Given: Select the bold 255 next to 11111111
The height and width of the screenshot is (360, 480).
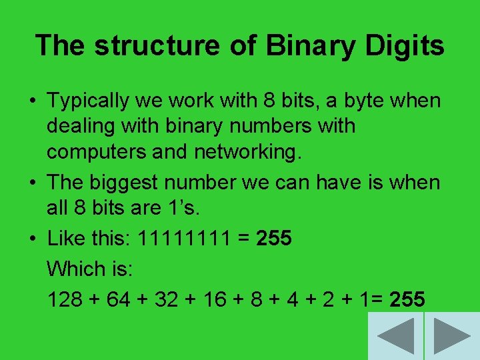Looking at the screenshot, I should [273, 238].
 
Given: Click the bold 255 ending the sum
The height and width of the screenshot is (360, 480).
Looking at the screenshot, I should [407, 299].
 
